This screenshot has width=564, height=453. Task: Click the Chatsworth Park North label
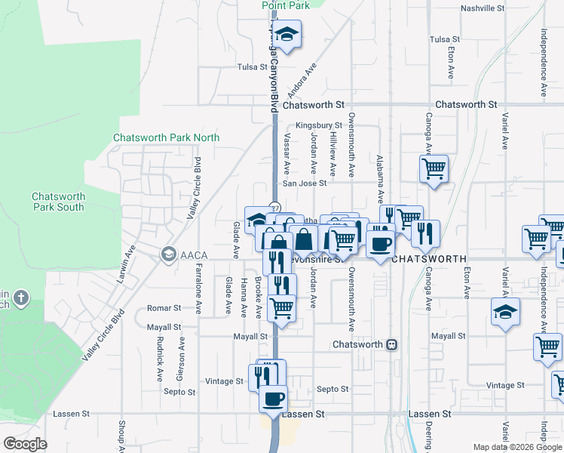(x=166, y=137)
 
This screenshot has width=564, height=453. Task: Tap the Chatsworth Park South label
(x=58, y=202)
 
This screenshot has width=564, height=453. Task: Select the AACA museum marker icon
(x=167, y=253)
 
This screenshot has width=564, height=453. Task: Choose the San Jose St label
(x=305, y=183)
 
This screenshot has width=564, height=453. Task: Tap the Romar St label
(x=164, y=308)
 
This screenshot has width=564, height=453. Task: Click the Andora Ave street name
(x=307, y=74)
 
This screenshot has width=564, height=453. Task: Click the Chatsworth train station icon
(x=391, y=344)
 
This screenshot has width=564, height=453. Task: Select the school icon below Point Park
(x=287, y=34)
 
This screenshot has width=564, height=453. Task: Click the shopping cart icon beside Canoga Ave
(x=434, y=168)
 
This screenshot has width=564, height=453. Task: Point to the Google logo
(x=24, y=444)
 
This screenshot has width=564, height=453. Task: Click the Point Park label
(x=286, y=5)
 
